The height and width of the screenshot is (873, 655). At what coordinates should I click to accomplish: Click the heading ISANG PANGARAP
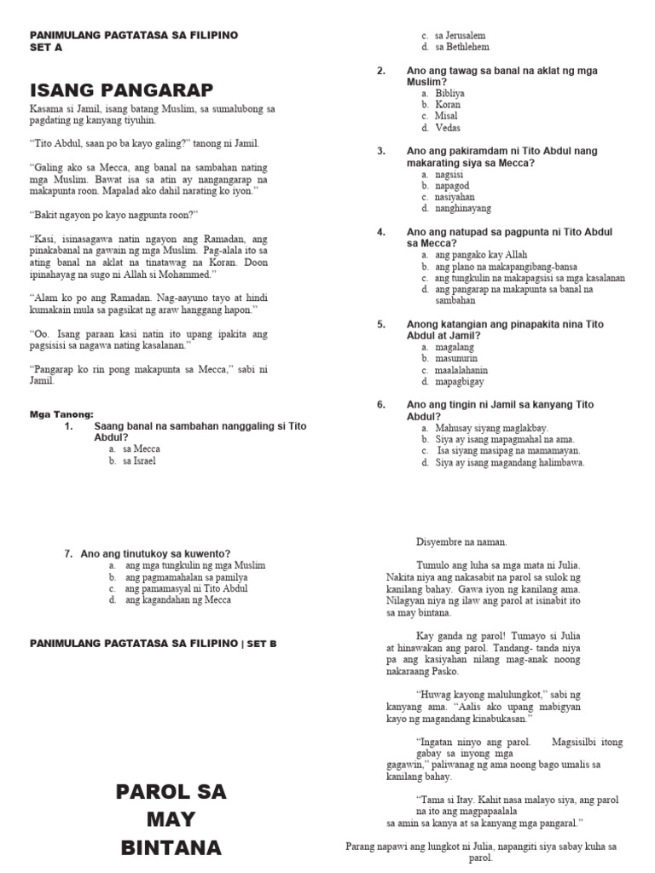121,90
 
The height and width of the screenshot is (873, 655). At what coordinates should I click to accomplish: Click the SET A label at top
46,48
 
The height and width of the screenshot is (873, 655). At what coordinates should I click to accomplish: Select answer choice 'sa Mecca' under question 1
141,448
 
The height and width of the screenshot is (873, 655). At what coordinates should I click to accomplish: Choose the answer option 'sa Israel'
139,461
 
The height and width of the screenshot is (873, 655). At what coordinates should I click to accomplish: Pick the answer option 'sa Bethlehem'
461,47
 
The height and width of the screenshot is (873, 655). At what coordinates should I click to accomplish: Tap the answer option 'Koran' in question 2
447,104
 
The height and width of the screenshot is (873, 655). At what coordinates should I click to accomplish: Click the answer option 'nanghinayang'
462,208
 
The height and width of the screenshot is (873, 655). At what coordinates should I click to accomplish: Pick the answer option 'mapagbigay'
459,382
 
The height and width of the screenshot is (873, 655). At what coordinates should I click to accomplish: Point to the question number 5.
381,324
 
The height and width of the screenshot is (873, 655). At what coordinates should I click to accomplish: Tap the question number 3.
381,151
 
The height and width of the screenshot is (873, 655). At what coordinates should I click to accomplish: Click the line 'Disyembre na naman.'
461,541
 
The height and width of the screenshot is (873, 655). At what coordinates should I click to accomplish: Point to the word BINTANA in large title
171,848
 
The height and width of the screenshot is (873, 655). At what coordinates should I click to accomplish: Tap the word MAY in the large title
171,820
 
